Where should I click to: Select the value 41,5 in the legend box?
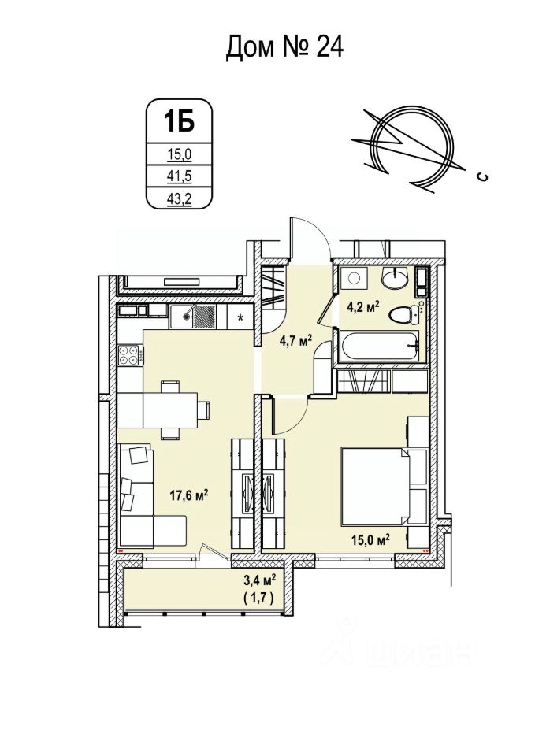coord(178,177)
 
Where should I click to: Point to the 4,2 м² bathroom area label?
coord(366,306)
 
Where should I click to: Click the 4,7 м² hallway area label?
coord(296,340)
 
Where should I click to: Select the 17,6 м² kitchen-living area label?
coord(189,495)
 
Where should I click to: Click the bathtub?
coord(376,346)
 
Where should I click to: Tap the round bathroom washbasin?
coord(393,280)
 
